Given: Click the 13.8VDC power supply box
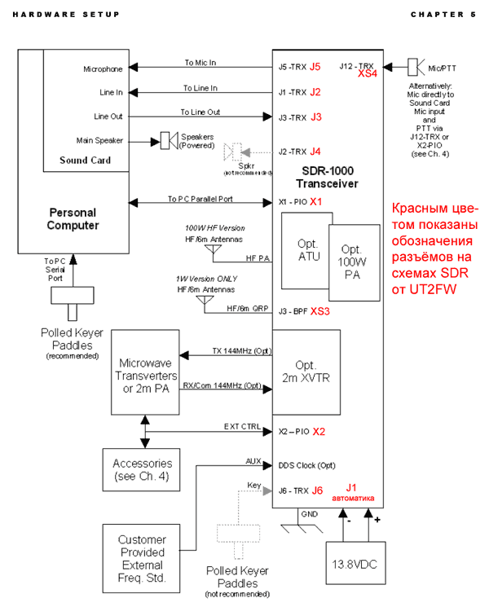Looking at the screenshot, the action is [355, 562].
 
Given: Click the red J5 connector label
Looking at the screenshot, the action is [315, 67].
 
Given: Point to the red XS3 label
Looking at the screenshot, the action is [319, 311].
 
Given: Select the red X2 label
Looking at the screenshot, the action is [319, 432].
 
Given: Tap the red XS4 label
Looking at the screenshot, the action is [367, 73].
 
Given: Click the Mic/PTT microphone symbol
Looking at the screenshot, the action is [416, 67].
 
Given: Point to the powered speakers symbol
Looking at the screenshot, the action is [170, 140].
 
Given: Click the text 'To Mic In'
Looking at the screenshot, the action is [200, 63].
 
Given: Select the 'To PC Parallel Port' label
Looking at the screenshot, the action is [200, 199].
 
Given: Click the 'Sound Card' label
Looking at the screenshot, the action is [86, 161].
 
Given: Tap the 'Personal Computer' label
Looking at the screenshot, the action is [73, 218].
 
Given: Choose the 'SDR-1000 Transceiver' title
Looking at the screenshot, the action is [327, 177].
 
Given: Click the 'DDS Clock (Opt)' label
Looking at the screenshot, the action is [306, 465].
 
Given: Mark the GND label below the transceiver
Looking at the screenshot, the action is [310, 514].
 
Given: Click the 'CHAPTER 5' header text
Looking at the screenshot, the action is [443, 15].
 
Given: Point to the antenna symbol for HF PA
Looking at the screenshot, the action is [213, 249].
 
